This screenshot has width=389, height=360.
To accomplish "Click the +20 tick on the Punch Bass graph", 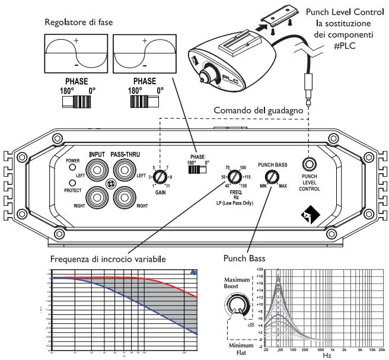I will click(259, 270).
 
